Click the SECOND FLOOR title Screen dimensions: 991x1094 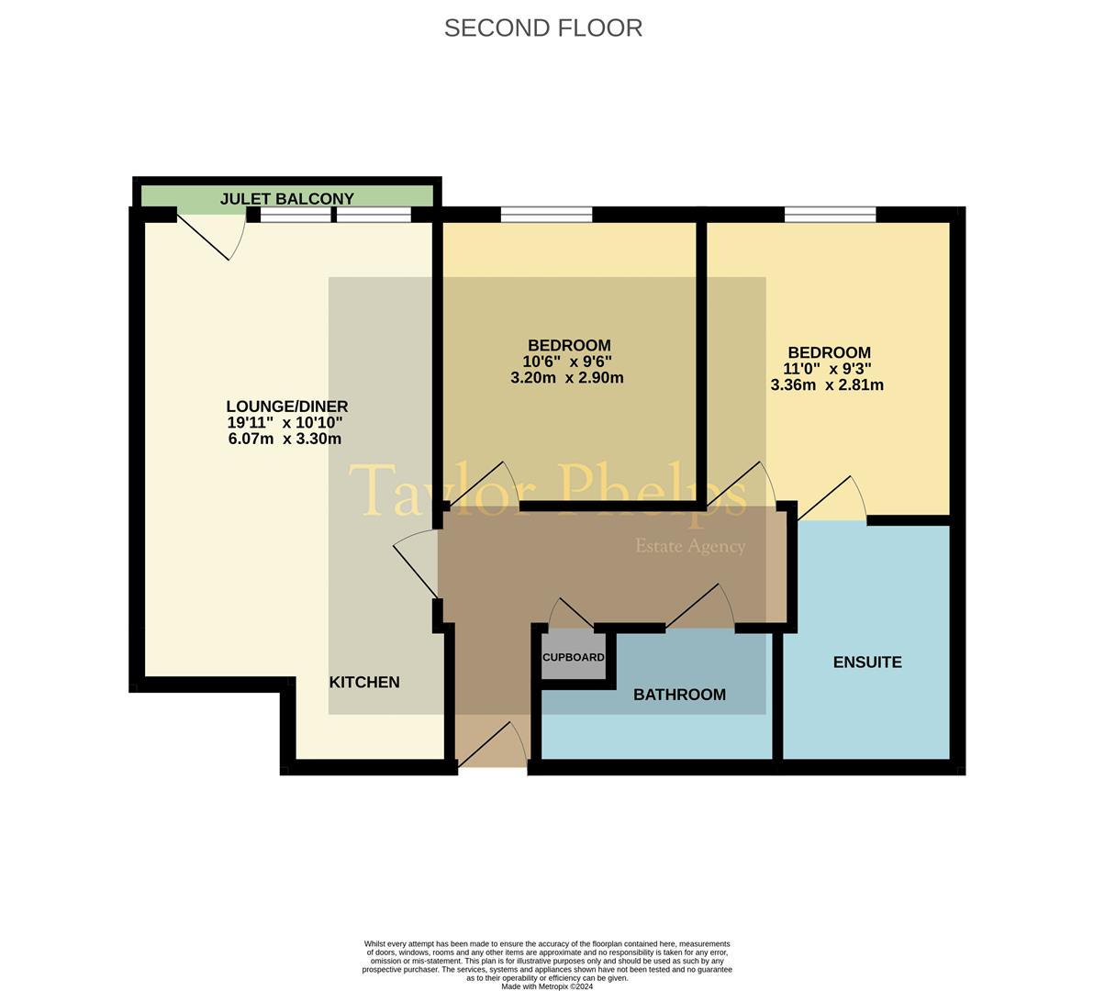point(542,28)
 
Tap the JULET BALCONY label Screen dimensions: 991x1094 point(286,198)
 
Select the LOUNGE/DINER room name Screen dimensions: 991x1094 point(286,406)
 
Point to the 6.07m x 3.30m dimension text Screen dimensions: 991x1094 point(285,440)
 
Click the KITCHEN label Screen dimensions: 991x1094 point(364,683)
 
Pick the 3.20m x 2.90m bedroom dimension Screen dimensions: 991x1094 point(566,378)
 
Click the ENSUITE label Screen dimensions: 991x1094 point(866,663)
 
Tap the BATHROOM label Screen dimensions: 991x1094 point(679,696)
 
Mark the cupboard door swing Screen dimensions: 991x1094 point(571,613)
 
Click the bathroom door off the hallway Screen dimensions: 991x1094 point(701,606)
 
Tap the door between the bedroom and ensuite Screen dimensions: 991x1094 point(832,501)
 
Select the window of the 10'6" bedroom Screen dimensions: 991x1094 point(546,215)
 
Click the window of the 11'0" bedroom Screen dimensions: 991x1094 point(830,215)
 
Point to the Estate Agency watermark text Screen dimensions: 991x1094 point(690,547)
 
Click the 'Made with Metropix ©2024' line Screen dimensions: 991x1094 point(547,986)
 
